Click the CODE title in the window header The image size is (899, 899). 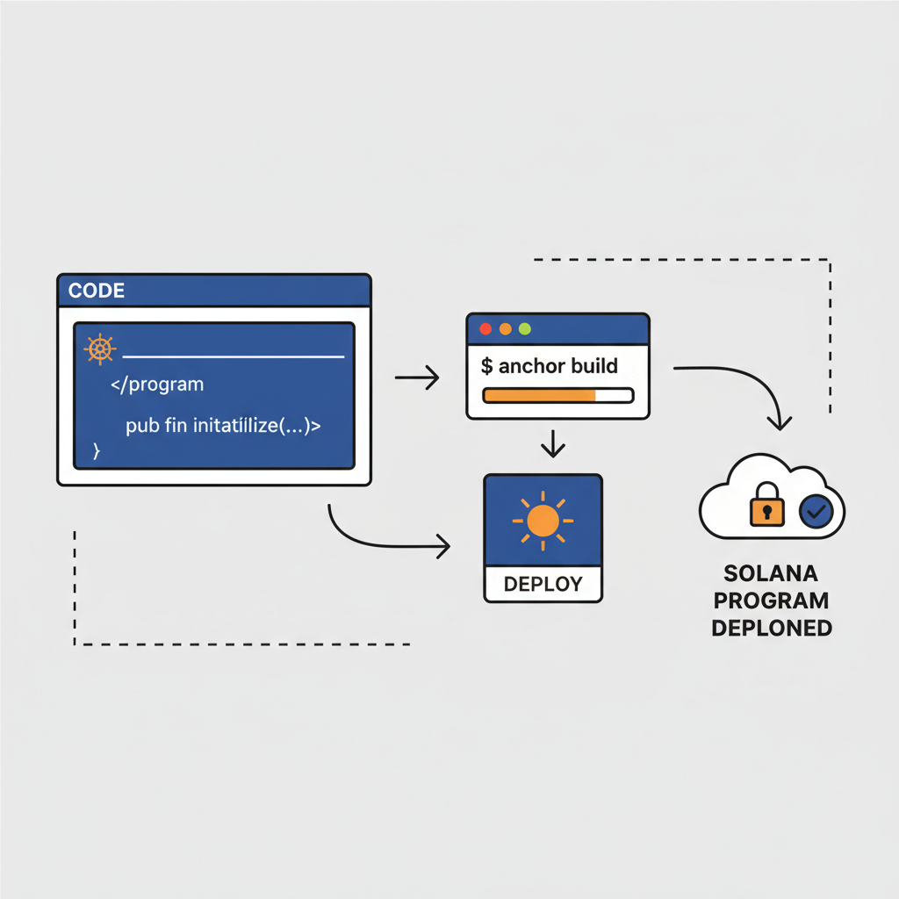97,291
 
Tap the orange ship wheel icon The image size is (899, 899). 100,349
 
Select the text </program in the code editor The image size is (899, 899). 157,385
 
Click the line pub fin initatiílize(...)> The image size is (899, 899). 223,427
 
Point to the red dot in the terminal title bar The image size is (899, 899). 484,329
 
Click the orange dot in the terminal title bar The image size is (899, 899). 505,329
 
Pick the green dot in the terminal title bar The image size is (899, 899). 525,329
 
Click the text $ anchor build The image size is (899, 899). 550,365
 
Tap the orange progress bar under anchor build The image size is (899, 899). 539,395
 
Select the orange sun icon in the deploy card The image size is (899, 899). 543,521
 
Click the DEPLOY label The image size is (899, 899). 543,585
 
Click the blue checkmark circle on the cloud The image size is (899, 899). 816,510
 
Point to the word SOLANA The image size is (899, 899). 771,574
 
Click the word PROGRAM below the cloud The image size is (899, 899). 771,601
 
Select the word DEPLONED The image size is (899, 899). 771,629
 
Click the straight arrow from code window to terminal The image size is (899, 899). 417,378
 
